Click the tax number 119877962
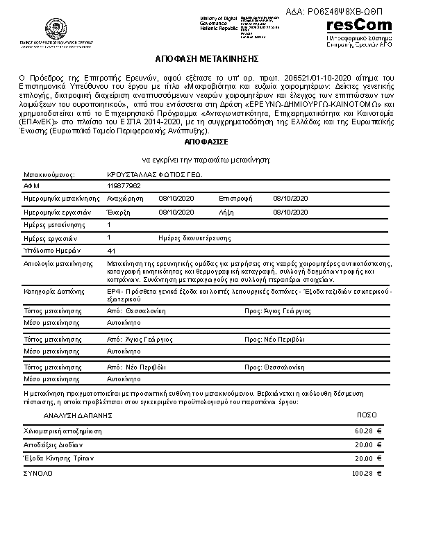pos(124,187)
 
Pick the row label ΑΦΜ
pos(33,187)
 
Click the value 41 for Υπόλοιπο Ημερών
pos(112,250)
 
